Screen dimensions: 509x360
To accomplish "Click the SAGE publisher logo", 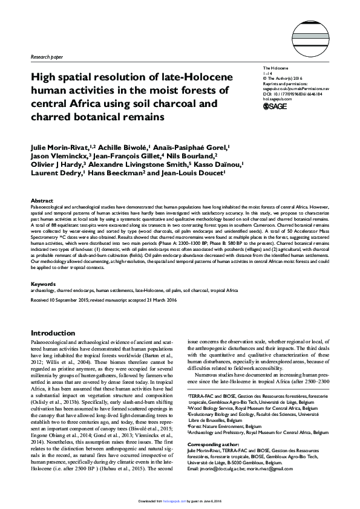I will pos(276,106).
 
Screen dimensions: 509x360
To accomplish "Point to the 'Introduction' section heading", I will pos(53,333).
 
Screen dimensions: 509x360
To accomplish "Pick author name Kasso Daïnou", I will pos(214,164).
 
